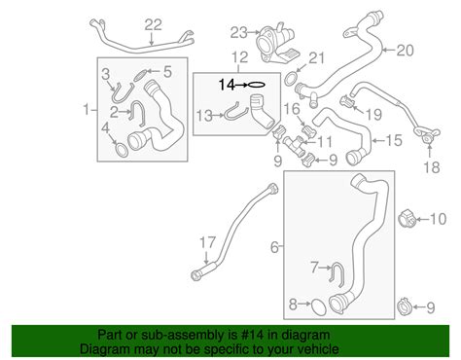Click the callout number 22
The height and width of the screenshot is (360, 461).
153,24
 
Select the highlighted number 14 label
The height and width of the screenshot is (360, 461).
226,85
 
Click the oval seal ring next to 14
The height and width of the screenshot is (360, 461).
255,85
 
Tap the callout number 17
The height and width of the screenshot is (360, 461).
206,240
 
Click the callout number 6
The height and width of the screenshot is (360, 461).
275,249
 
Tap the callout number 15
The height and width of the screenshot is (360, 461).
393,141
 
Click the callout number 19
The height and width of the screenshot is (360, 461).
371,113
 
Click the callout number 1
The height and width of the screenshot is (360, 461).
89,108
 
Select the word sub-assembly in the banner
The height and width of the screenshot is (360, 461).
174,333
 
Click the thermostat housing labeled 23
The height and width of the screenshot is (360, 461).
269,45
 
